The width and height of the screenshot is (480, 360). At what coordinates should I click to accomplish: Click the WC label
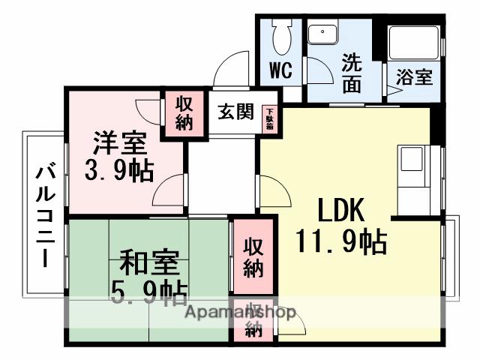click(280, 70)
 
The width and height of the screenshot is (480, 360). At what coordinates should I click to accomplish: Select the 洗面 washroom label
click(352, 73)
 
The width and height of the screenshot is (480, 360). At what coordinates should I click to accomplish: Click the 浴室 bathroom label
click(413, 76)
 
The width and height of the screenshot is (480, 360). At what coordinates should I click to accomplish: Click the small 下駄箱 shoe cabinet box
click(268, 118)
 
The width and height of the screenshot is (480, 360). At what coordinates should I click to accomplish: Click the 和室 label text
click(148, 265)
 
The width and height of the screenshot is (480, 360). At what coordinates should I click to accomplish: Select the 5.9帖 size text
click(148, 292)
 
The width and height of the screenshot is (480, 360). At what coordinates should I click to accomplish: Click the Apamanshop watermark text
click(239, 313)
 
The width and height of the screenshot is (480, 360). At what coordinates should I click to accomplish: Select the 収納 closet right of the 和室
click(253, 257)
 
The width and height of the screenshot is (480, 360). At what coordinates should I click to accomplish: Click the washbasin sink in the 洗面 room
click(324, 34)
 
